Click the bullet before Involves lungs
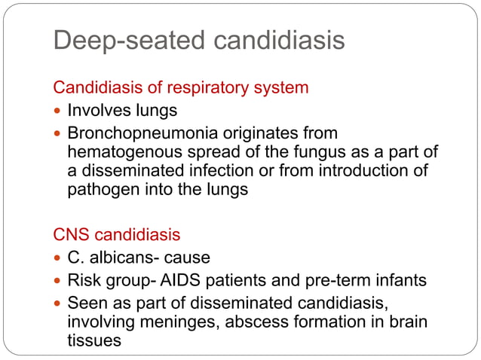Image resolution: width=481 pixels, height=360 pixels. pyautogui.click(x=59, y=111)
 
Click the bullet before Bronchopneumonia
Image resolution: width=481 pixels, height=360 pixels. pyautogui.click(x=59, y=133)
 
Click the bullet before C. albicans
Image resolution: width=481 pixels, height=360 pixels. pyautogui.click(x=59, y=258)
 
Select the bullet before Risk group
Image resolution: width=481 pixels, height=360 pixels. pyautogui.click(x=59, y=280)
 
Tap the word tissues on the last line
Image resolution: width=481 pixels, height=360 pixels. pyautogui.click(x=93, y=340)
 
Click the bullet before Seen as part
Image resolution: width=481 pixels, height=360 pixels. pyautogui.click(x=59, y=304)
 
